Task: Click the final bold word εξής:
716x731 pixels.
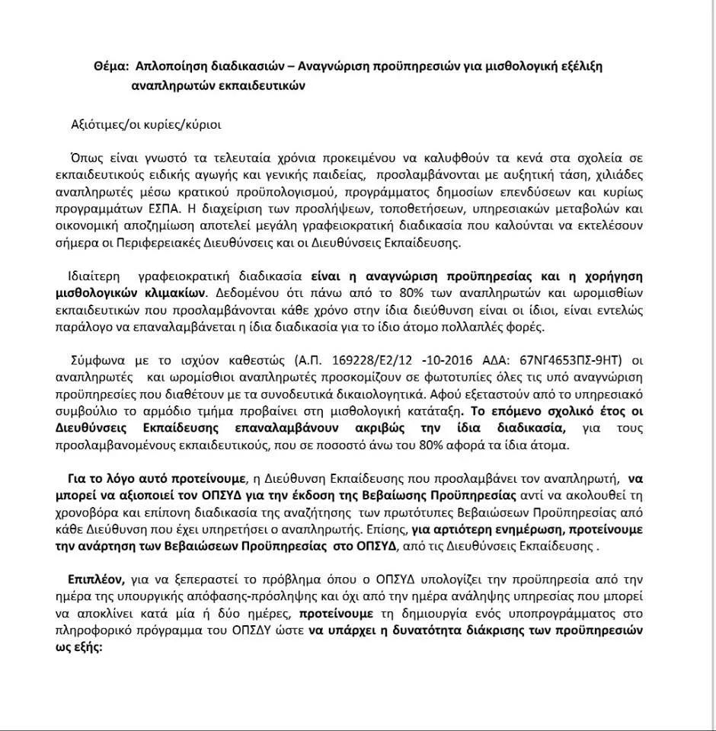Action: [87, 647]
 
